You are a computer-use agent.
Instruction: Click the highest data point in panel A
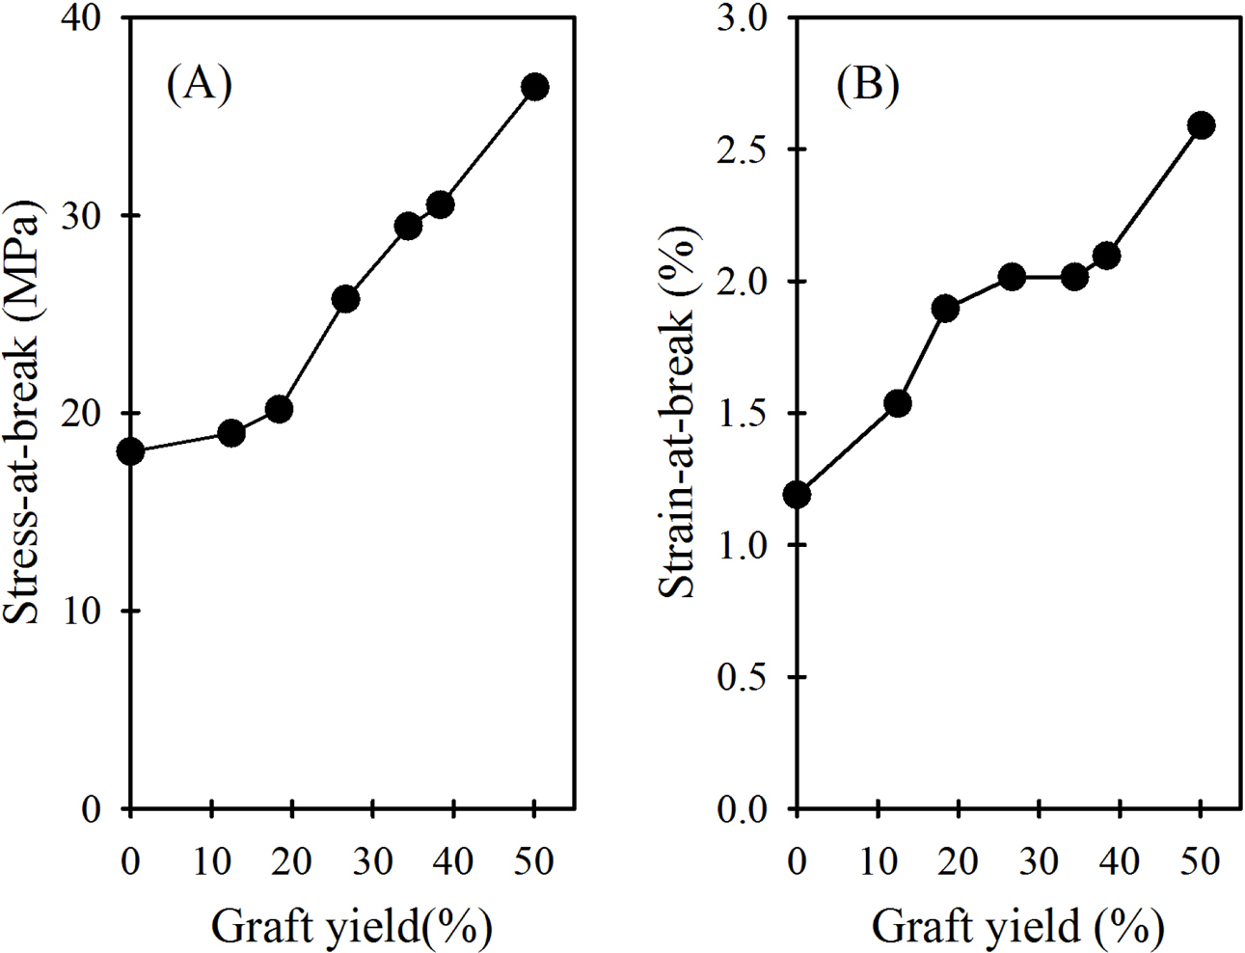coord(534,87)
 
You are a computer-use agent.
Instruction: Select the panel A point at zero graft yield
coord(130,451)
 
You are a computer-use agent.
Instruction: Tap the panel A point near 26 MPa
coord(345,299)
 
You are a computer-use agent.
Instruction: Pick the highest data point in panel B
coord(1201,125)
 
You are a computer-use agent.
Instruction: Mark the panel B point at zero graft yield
coord(797,495)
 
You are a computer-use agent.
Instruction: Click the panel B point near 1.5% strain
coord(898,403)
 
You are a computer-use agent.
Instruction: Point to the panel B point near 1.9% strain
coord(945,309)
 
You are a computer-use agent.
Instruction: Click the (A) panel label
coord(199,85)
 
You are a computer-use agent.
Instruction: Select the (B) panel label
coord(867,85)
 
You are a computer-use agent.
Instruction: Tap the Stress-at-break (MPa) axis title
coord(23,413)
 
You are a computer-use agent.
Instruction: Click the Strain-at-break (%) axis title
coord(678,413)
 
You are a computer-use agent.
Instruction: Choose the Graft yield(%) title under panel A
coord(351,927)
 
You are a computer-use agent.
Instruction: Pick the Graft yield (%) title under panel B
coord(1017,927)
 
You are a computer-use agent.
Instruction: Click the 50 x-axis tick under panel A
coord(533,860)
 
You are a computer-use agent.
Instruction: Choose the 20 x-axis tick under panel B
coord(959,860)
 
